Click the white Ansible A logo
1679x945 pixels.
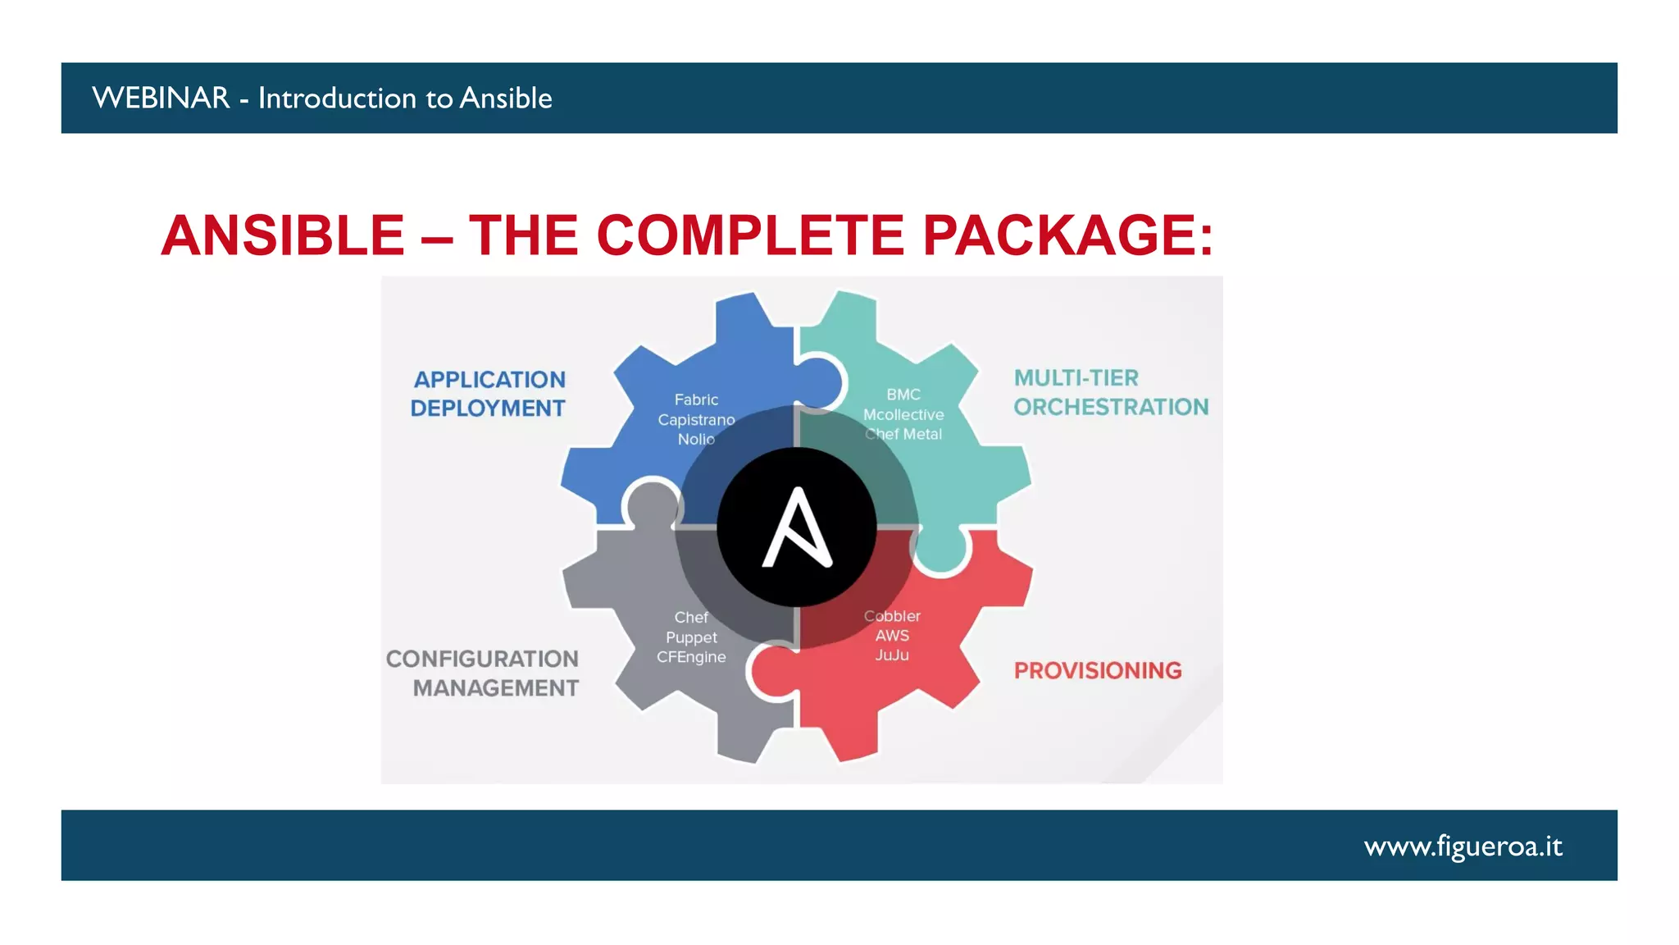coord(797,527)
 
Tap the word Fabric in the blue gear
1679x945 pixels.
coord(696,399)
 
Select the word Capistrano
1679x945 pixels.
coord(696,420)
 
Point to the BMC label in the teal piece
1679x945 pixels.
coord(903,395)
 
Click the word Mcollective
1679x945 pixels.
coord(903,415)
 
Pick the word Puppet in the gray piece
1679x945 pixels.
coord(691,637)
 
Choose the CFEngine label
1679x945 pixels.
coord(691,657)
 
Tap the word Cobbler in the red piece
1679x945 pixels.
coord(892,616)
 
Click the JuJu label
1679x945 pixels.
coord(892,655)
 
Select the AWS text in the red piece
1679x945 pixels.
coord(892,636)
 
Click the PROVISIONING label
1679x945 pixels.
coord(1098,671)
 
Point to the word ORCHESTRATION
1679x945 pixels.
coord(1111,407)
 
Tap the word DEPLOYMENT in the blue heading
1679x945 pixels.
coord(488,409)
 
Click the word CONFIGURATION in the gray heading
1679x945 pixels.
coord(482,659)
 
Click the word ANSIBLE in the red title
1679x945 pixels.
coord(283,236)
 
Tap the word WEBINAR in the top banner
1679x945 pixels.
coord(161,98)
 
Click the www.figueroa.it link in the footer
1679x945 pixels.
coord(1463,846)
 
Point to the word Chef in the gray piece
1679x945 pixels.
coord(691,618)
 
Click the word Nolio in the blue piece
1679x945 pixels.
coord(696,440)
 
